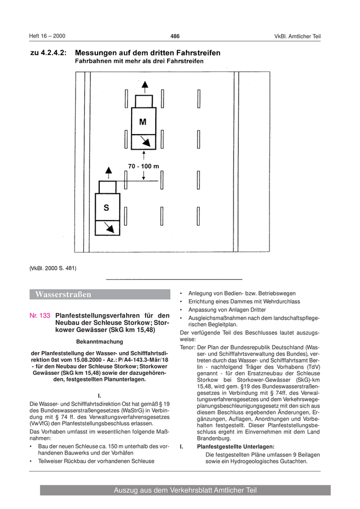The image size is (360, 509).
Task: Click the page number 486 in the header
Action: [x=175, y=36]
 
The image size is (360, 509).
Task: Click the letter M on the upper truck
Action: [x=143, y=122]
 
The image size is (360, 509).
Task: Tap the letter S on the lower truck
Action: [x=106, y=208]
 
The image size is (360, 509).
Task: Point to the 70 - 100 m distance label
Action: [x=143, y=166]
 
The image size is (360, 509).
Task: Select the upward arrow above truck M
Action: [x=145, y=85]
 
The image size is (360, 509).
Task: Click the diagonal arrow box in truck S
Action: [x=107, y=227]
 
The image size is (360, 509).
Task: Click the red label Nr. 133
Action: [x=40, y=316]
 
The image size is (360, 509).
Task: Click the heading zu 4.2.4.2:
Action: [x=48, y=53]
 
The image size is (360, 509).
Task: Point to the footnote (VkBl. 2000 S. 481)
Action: [x=53, y=268]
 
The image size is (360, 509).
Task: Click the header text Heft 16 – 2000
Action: [x=47, y=36]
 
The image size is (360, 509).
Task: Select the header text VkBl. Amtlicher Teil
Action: [x=297, y=36]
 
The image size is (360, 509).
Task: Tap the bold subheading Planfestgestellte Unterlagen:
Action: [x=236, y=447]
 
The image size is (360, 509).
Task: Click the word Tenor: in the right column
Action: [x=188, y=347]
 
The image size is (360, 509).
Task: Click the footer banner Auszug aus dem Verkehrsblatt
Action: [x=185, y=490]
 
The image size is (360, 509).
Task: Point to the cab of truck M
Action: [x=143, y=101]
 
